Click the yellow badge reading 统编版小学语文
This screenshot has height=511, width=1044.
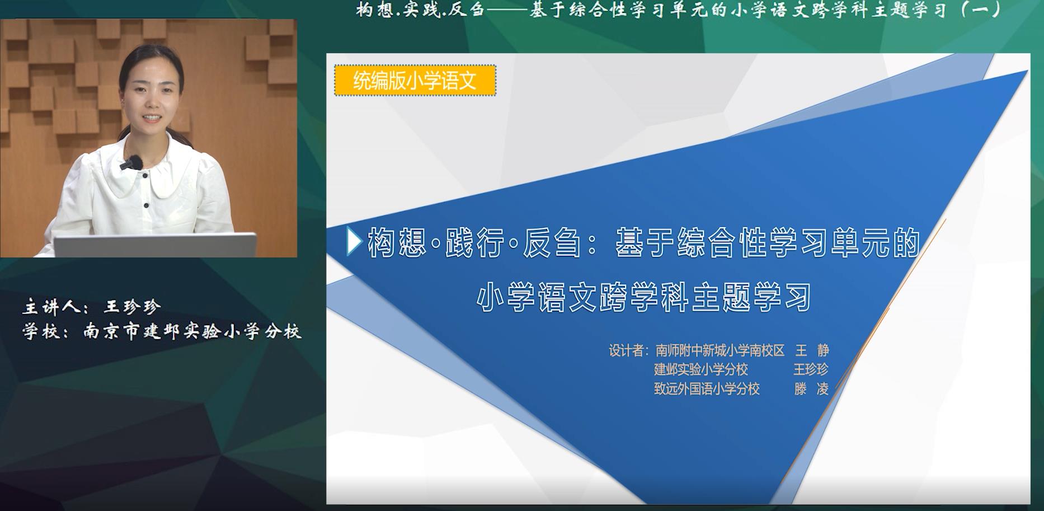coord(415,81)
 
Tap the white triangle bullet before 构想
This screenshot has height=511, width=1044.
coord(354,242)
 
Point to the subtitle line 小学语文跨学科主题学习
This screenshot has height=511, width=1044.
coord(644,297)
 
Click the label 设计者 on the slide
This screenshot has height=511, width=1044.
coord(626,351)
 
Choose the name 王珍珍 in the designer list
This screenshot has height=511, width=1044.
coord(811,369)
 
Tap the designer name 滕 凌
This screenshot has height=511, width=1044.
coord(811,388)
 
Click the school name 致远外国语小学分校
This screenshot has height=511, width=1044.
coord(707,388)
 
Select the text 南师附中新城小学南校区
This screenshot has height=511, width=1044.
coord(720,351)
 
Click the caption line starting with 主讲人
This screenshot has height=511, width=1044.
coord(92,307)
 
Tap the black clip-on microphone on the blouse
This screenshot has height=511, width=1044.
coord(131,163)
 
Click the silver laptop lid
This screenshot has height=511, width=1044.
coord(155,245)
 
